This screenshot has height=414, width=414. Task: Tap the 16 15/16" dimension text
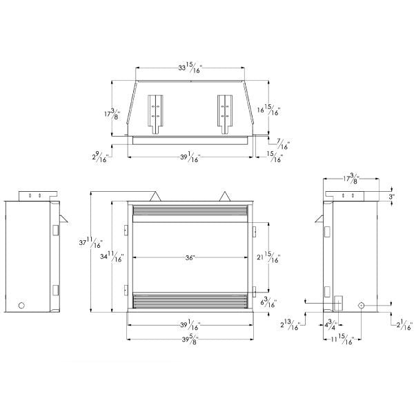coord(269,112)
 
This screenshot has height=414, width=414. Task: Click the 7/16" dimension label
coord(282,144)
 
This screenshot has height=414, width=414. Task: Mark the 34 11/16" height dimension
coord(111,257)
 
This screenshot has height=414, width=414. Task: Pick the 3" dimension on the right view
coord(392,197)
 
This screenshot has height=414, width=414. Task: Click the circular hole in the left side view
coord(21,304)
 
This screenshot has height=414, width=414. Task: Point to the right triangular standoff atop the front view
coord(226,196)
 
